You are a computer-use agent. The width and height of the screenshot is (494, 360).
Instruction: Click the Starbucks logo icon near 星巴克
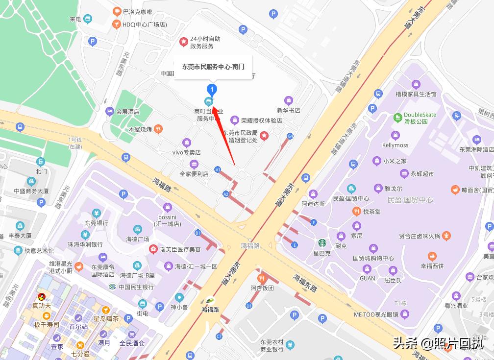coord(322,242)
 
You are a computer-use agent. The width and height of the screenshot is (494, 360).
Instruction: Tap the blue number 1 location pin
coord(212,90)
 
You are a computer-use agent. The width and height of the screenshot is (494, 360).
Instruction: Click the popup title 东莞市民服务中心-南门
coord(213,67)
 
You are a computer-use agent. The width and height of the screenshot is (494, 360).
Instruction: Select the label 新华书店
coord(288,111)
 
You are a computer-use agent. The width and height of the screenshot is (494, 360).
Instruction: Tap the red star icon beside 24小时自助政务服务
coord(183,42)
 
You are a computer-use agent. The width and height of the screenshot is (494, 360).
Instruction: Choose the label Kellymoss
coord(395,145)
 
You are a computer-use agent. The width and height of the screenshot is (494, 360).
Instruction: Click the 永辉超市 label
coord(422,173)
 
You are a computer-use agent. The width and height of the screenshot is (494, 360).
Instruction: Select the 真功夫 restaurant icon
coord(42,296)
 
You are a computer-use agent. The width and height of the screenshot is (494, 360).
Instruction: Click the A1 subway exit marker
coord(218,169)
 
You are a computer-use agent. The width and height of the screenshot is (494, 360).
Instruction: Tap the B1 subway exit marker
coord(198,233)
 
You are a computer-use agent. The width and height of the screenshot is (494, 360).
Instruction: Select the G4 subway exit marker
coord(290,136)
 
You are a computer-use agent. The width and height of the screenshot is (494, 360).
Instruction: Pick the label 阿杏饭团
coord(262,288)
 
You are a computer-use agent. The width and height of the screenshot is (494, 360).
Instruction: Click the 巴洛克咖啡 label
coord(137,11)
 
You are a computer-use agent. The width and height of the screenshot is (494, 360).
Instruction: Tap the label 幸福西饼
coord(432,266)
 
